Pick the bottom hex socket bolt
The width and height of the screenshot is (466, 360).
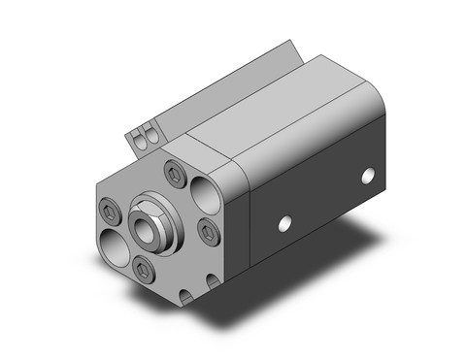tap(146, 269)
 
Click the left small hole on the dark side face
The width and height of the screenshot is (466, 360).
tap(283, 225)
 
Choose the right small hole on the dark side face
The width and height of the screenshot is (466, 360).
tap(368, 176)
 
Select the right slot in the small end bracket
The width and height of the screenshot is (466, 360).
tap(150, 135)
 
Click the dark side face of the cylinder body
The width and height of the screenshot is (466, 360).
tap(320, 204)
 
